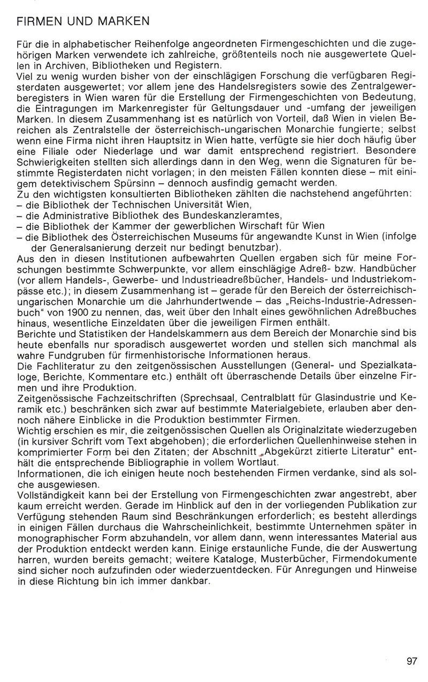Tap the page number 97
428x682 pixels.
(x=411, y=661)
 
